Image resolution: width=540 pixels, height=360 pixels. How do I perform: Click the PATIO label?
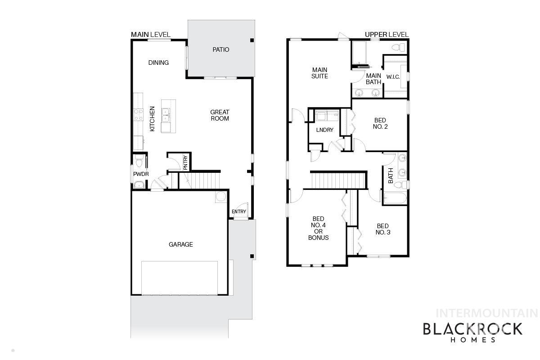220,49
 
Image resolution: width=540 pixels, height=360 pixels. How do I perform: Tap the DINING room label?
158,63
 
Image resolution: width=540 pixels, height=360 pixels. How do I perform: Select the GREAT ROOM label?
220,115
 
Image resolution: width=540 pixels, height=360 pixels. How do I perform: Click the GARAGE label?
181,244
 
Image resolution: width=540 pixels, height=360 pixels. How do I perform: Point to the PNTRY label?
185,162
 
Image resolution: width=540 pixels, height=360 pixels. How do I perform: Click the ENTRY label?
239,211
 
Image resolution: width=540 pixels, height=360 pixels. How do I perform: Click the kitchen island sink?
166,115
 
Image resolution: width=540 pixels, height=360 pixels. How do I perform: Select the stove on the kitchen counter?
137,115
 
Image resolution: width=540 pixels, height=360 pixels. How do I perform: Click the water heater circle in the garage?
221,197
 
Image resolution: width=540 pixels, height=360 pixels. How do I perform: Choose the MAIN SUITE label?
320,73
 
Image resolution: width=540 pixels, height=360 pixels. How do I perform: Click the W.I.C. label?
393,77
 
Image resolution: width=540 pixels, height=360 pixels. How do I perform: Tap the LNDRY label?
324,130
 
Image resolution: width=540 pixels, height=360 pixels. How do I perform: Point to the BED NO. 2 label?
380,123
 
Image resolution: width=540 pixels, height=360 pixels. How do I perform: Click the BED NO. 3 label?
382,229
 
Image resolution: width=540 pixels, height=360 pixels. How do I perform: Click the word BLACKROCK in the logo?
472,329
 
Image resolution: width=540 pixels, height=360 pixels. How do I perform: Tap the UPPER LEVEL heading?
387,35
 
